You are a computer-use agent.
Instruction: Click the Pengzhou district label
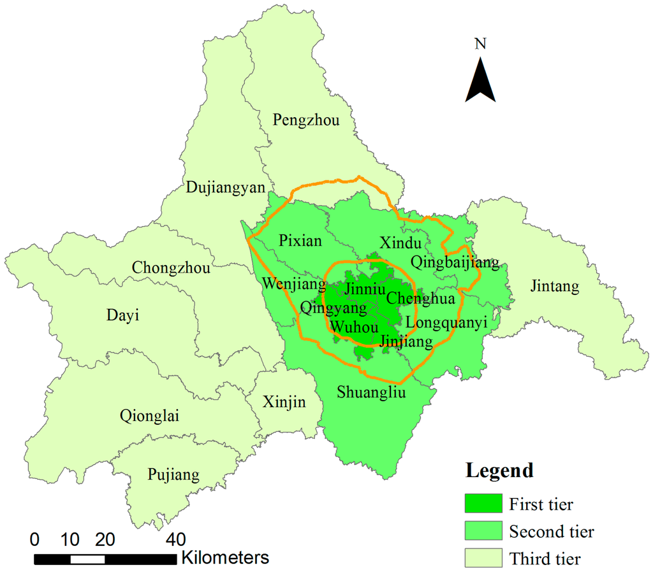[x=306, y=120]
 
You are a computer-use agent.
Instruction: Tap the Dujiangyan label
[x=225, y=187]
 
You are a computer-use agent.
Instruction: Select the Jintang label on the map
[x=555, y=287]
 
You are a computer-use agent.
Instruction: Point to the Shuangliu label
[x=372, y=392]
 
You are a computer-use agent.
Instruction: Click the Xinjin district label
[x=284, y=402]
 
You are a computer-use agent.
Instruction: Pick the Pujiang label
[x=173, y=475]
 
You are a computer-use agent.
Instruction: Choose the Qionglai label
[x=149, y=417]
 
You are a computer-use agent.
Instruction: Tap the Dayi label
[x=123, y=315]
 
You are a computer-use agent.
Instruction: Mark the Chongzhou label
[x=171, y=268]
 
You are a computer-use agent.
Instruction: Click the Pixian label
[x=301, y=241]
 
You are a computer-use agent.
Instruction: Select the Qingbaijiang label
[x=455, y=262]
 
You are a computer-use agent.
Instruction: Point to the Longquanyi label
[x=446, y=323]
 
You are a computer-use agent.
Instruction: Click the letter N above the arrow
[x=481, y=44]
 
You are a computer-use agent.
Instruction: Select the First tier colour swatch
[x=483, y=504]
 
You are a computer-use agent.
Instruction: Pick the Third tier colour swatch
[x=483, y=559]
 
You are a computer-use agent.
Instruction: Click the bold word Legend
[x=499, y=471]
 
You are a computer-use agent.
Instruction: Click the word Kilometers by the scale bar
[x=225, y=558]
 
